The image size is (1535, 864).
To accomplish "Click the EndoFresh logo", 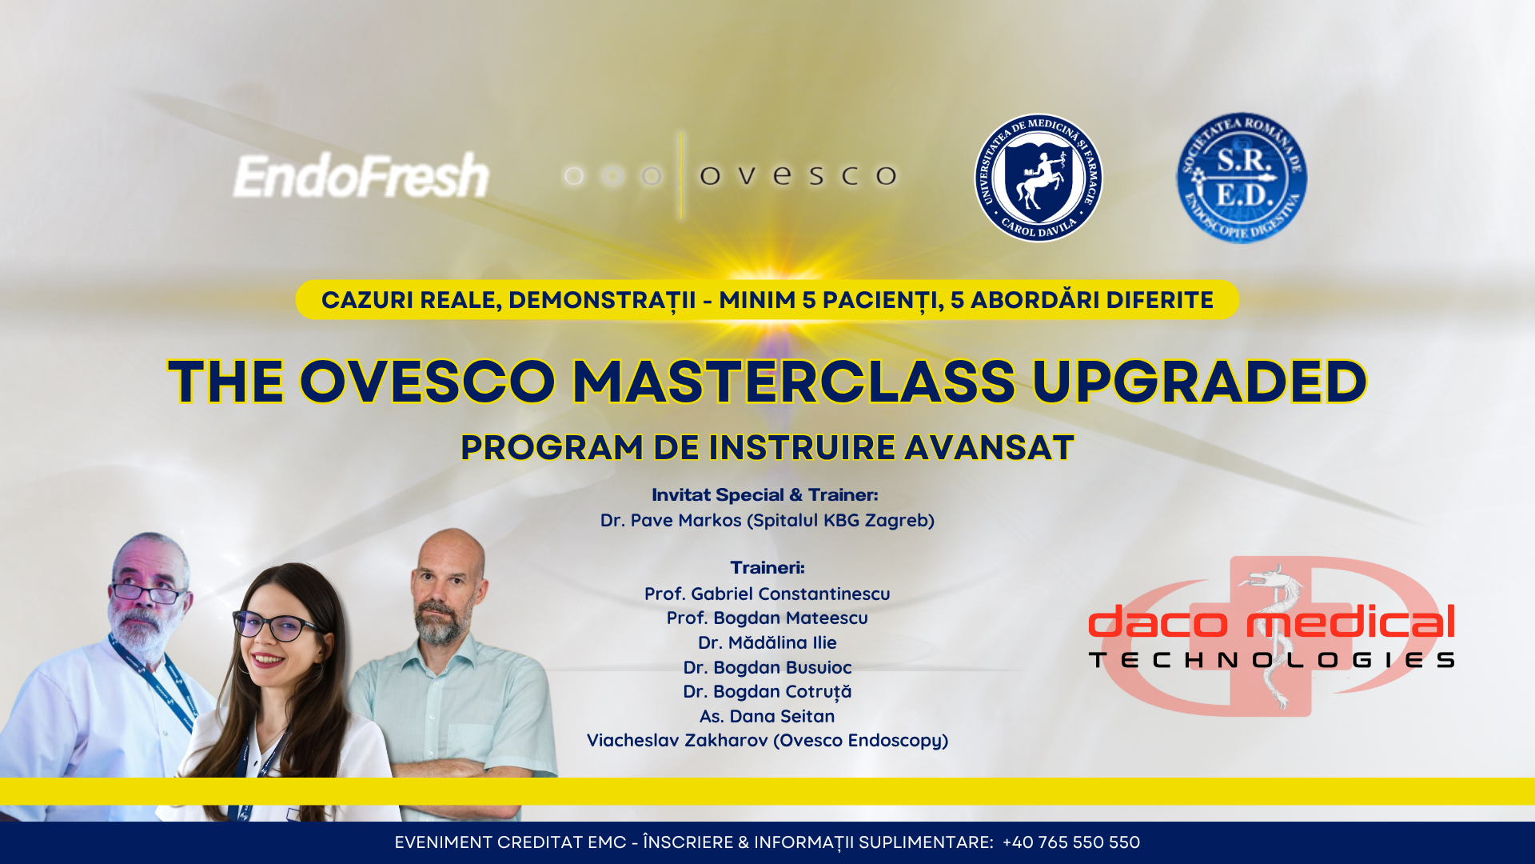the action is pyautogui.click(x=361, y=176).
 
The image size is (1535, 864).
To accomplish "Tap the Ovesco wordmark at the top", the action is pyautogui.click(x=798, y=175).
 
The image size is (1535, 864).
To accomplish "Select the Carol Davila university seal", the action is pyautogui.click(x=1038, y=178).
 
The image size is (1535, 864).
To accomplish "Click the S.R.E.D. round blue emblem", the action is pyautogui.click(x=1242, y=178).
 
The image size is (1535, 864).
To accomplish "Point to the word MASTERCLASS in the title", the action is pyautogui.click(x=794, y=381).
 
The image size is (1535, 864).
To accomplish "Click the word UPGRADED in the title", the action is pyautogui.click(x=1199, y=382).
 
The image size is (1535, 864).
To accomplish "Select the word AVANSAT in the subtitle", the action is pyautogui.click(x=989, y=448).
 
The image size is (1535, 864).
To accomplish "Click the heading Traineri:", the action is pyautogui.click(x=767, y=567).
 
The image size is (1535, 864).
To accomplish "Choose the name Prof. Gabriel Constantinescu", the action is pyautogui.click(x=767, y=594).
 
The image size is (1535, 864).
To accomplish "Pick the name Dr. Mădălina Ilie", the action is pyautogui.click(x=767, y=642).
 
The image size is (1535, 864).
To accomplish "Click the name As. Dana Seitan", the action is pyautogui.click(x=767, y=716).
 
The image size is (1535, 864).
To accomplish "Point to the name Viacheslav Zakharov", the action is pyautogui.click(x=677, y=740).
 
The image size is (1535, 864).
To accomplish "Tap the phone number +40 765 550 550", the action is pyautogui.click(x=1071, y=842).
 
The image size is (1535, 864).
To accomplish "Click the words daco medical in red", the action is pyautogui.click(x=1271, y=622).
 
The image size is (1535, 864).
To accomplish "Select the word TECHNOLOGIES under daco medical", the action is pyautogui.click(x=1271, y=660).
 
